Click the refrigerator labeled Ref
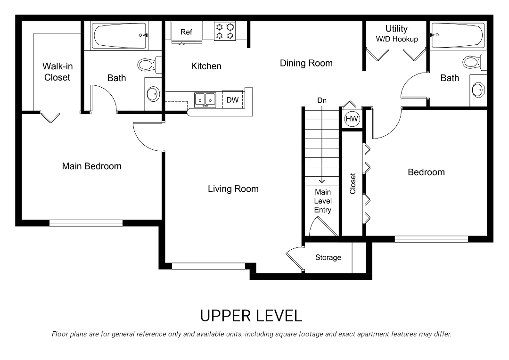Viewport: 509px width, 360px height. [x=186, y=32]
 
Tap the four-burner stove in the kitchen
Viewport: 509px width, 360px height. [x=225, y=31]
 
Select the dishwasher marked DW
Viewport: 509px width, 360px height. [x=232, y=99]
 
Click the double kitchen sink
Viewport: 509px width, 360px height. [x=205, y=99]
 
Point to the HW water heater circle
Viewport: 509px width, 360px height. [x=352, y=119]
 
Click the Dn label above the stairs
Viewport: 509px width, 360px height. [x=321, y=100]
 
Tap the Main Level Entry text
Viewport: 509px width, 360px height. [x=322, y=201]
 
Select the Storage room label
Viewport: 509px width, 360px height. [x=328, y=257]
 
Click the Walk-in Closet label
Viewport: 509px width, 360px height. [x=57, y=72]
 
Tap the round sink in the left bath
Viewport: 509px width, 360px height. [x=153, y=94]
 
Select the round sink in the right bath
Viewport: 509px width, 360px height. [x=478, y=89]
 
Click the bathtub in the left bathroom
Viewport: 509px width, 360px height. [x=121, y=35]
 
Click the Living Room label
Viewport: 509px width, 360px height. [x=233, y=189]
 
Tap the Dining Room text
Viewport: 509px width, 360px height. [x=306, y=63]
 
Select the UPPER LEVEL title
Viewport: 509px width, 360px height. [x=251, y=315]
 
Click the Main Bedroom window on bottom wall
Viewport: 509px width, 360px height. [x=86, y=223]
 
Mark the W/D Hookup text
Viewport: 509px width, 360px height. [x=396, y=39]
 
